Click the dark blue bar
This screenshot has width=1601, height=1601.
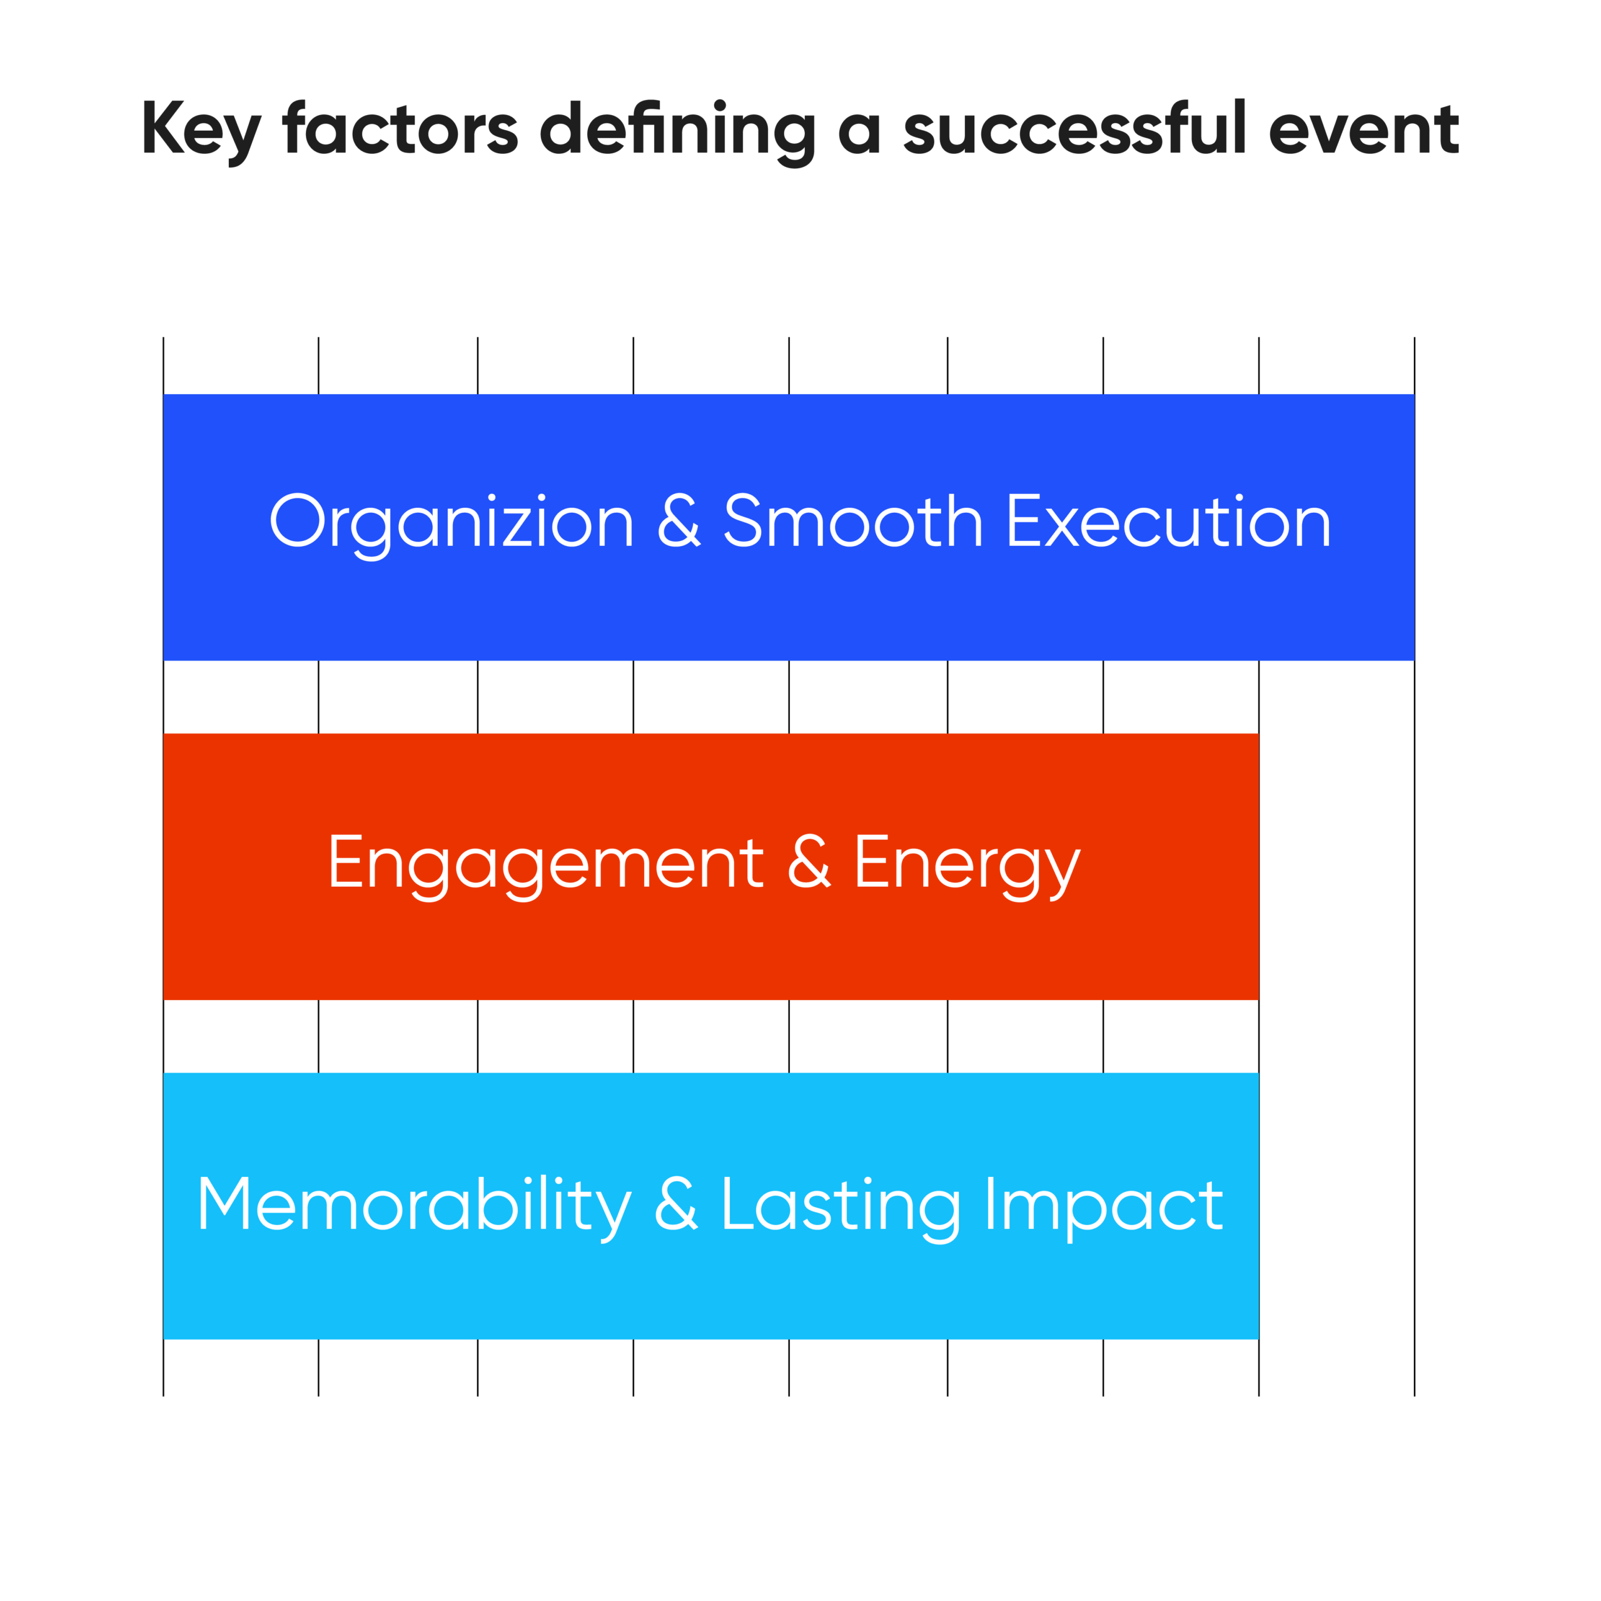click(789, 527)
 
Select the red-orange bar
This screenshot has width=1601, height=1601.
click(711, 867)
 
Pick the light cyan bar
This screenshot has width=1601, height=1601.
click(711, 1206)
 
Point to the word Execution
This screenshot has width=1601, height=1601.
click(1169, 520)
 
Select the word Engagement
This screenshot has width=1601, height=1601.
click(546, 866)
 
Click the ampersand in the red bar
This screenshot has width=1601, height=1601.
click(809, 862)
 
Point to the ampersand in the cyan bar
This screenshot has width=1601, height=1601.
click(676, 1203)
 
